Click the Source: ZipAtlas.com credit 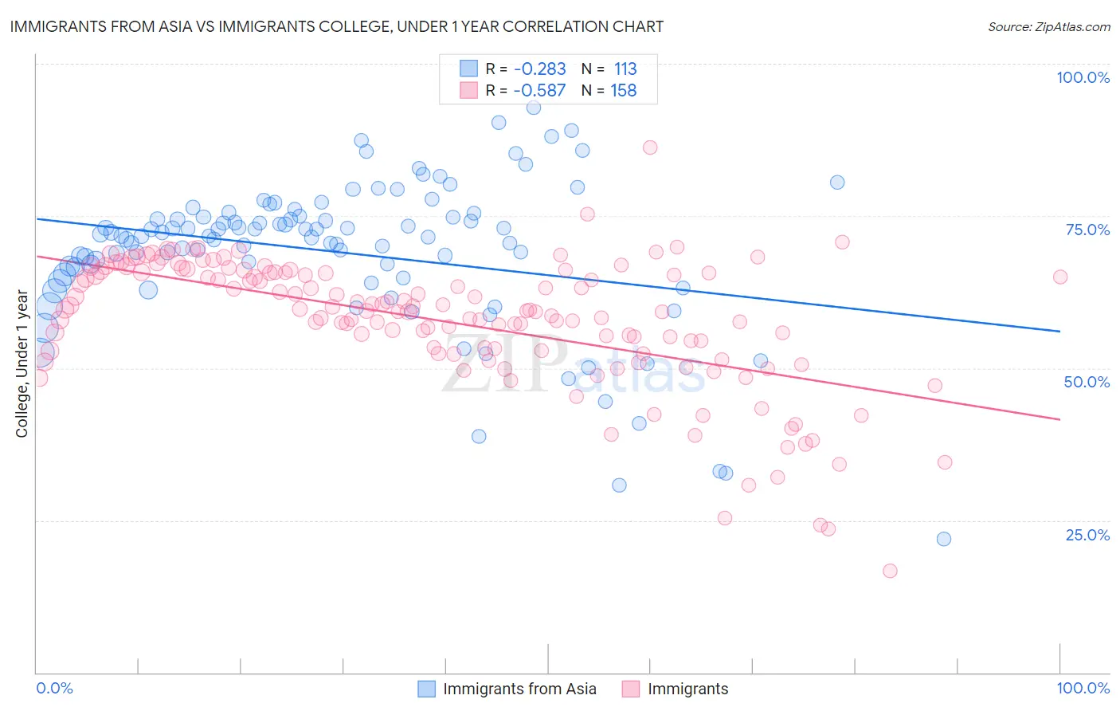tap(1048, 27)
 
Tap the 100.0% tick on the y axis tap(1083, 77)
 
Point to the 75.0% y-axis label tap(1087, 230)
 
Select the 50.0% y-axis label tap(1087, 382)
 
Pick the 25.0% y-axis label tap(1087, 535)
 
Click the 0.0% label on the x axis tap(55, 688)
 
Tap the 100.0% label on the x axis tap(1083, 688)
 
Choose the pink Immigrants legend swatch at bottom tap(632, 689)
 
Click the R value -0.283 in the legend tap(539, 69)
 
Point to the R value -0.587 tap(539, 91)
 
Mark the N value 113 tap(625, 69)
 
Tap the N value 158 tap(623, 91)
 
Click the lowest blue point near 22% tap(944, 539)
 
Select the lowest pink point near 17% tap(891, 571)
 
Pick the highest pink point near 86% tap(650, 147)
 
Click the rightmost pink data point tap(1060, 277)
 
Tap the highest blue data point tap(534, 108)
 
